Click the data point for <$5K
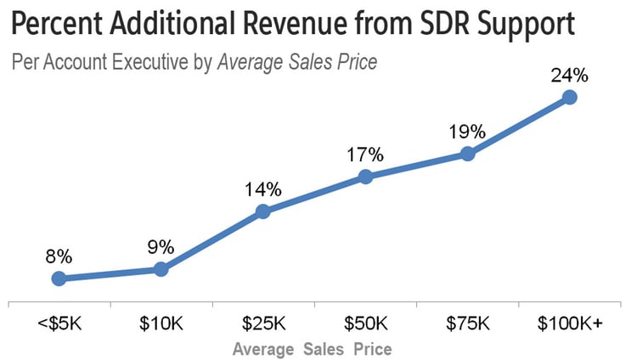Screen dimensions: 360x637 coord(59,278)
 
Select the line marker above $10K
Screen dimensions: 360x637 coord(161,269)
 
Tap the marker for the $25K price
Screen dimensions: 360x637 coord(263,211)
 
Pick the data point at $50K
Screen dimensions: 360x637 coord(365,177)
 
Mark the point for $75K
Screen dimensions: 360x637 coord(467,154)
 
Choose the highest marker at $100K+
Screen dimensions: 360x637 coord(570,97)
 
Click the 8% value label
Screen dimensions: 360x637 coord(59,256)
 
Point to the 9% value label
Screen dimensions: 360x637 coord(161,247)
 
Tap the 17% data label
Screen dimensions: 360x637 coord(365,155)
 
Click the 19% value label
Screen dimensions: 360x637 coord(467,132)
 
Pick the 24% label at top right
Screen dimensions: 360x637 coord(569,75)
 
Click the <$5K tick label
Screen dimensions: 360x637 coord(59,323)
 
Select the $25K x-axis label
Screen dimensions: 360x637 coord(263,323)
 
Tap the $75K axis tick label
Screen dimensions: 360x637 coord(467,323)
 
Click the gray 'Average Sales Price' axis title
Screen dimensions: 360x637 coord(312,348)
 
